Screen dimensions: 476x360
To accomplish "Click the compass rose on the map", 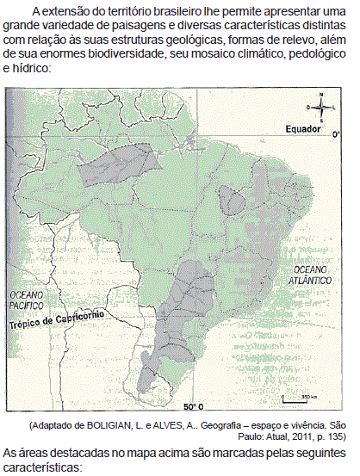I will (320, 107).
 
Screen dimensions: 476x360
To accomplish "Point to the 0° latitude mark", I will (336, 134).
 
